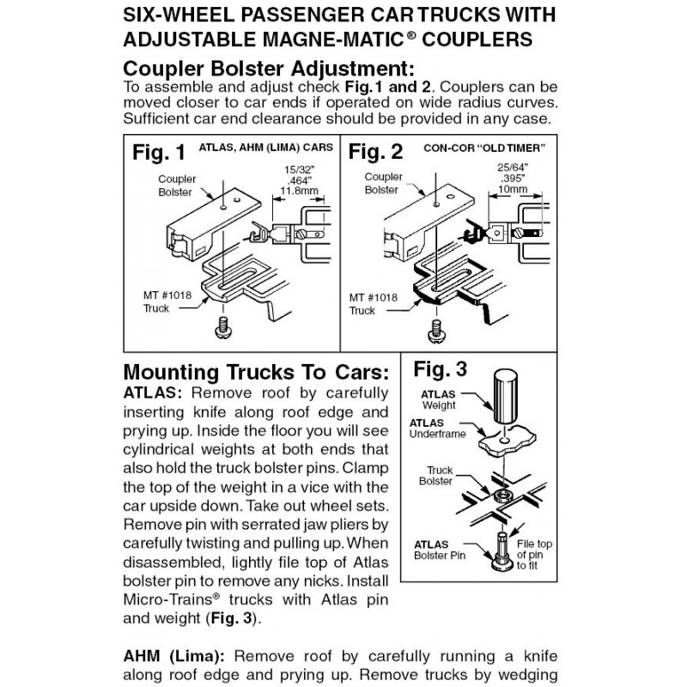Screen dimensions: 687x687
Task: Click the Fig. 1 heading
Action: [159, 153]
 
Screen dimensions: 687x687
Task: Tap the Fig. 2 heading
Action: [375, 152]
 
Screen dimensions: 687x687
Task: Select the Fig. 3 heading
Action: [440, 369]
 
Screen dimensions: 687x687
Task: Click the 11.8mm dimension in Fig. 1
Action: [299, 191]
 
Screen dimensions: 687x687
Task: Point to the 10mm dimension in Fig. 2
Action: [513, 189]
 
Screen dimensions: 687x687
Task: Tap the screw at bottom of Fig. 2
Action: [435, 331]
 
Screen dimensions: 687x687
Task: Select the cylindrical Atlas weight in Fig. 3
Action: [505, 396]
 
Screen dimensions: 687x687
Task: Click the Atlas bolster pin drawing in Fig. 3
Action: [502, 551]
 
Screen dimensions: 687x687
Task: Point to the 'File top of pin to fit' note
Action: [534, 555]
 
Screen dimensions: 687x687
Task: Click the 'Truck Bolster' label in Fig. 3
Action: [435, 476]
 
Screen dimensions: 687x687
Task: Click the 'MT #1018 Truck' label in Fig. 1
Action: [167, 302]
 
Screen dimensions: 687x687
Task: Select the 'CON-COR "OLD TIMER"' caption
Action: [484, 148]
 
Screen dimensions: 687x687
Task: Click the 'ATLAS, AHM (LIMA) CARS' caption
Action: [266, 148]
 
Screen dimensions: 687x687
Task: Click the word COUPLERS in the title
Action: [477, 39]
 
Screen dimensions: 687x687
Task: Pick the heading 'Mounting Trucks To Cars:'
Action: [256, 373]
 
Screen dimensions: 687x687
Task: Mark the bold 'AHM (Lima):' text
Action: [174, 656]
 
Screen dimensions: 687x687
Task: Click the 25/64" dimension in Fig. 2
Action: [513, 167]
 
